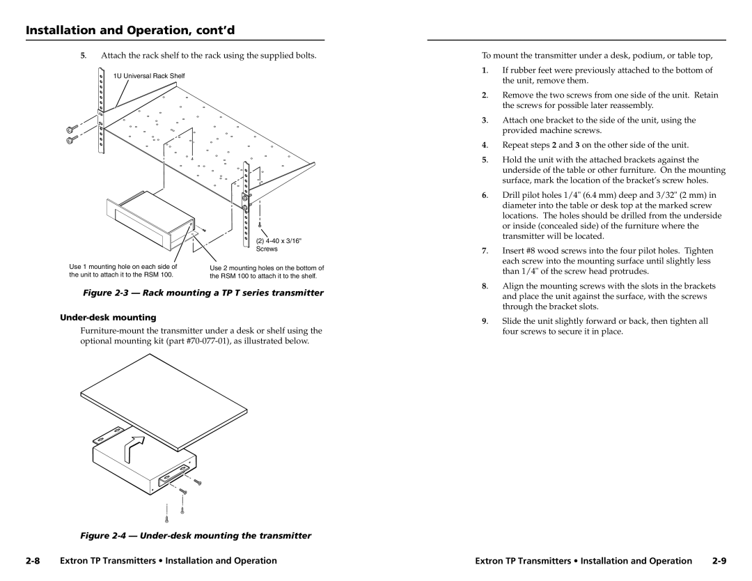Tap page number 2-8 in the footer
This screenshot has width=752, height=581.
[x=36, y=560]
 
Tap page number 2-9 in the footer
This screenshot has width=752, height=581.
[x=718, y=560]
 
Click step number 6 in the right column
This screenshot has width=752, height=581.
[x=484, y=195]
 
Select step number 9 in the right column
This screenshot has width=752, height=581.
[x=484, y=321]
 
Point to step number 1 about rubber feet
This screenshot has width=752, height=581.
[x=484, y=70]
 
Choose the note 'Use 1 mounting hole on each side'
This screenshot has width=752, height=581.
[x=123, y=267]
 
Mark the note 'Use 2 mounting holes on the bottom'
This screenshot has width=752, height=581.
[x=267, y=268]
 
